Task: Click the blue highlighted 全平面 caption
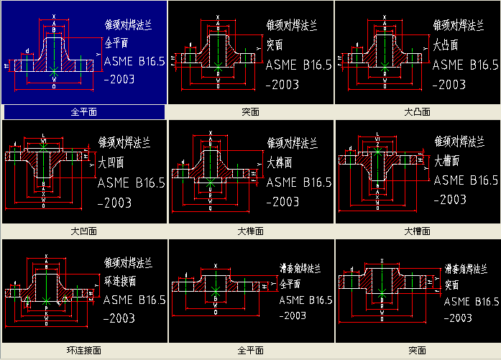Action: coord(84,112)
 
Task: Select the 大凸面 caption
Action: coord(418,112)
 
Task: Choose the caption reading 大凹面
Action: coord(84,231)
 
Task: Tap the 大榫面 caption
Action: coord(251,231)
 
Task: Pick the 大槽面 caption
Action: coord(418,231)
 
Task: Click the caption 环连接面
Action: coord(84,351)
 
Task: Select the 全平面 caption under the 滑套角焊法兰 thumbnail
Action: coord(251,351)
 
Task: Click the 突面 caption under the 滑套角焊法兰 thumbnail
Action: coord(418,351)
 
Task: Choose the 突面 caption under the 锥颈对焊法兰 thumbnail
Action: coord(251,112)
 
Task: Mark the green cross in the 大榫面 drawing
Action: coord(209,185)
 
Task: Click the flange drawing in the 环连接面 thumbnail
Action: coord(47,287)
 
